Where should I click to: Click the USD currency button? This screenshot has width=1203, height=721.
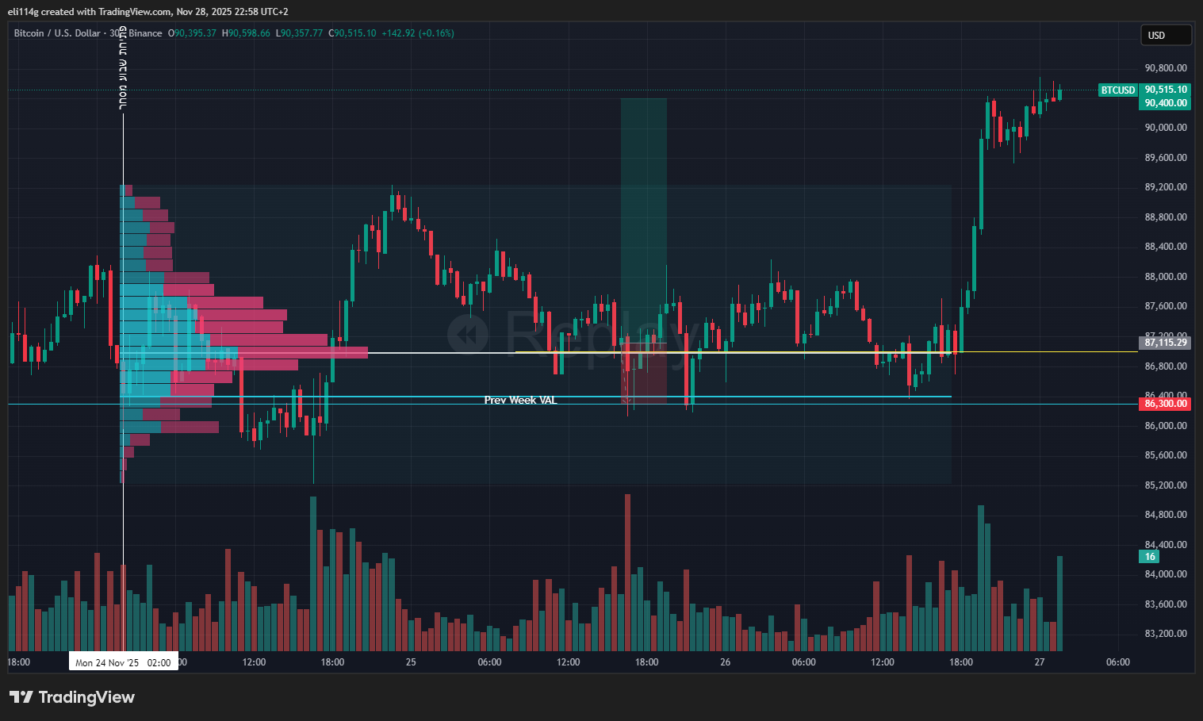click(x=1165, y=35)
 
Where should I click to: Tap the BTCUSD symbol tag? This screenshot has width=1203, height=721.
click(x=1118, y=90)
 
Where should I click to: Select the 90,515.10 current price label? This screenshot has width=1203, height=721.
click(x=1166, y=90)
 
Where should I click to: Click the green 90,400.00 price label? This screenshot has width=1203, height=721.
click(x=1166, y=103)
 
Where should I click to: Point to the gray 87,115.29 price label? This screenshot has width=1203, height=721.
click(x=1165, y=343)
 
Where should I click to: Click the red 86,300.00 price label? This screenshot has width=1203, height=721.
click(x=1165, y=404)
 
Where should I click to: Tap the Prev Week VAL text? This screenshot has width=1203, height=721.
click(x=520, y=401)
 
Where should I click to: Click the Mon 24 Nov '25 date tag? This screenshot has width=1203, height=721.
click(x=123, y=662)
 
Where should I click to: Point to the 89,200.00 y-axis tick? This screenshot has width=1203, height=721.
click(x=1165, y=187)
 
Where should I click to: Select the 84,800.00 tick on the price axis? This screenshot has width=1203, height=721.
click(x=1165, y=515)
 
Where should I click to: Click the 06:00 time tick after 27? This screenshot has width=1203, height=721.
click(x=1117, y=662)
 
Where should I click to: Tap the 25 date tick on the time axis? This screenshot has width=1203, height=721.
click(x=411, y=662)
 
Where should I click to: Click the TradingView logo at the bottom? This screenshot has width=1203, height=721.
click(x=72, y=697)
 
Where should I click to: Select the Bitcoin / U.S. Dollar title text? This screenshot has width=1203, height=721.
click(x=57, y=33)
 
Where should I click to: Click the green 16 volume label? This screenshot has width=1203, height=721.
click(x=1150, y=557)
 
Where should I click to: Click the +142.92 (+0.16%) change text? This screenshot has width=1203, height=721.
click(x=418, y=33)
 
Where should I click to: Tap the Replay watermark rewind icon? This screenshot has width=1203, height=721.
click(x=468, y=333)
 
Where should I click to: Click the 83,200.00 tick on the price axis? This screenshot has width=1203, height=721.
click(x=1165, y=634)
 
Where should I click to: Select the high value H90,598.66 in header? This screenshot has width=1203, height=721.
click(x=246, y=33)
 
